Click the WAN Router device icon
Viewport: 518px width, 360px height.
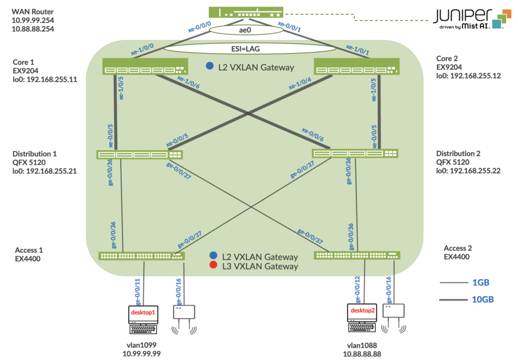(246, 12)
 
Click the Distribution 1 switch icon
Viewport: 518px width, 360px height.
(140, 155)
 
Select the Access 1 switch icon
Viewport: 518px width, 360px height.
(142, 256)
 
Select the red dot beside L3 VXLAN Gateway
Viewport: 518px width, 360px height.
(213, 266)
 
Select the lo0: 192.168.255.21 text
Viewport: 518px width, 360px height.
(45, 171)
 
